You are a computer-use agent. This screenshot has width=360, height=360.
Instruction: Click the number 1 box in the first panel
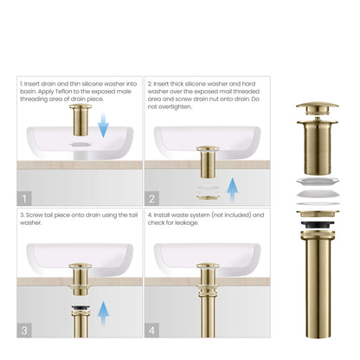point(24,197)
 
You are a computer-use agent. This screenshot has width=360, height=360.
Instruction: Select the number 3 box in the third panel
point(24,329)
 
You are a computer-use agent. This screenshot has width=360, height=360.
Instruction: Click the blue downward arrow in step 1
point(103,129)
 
